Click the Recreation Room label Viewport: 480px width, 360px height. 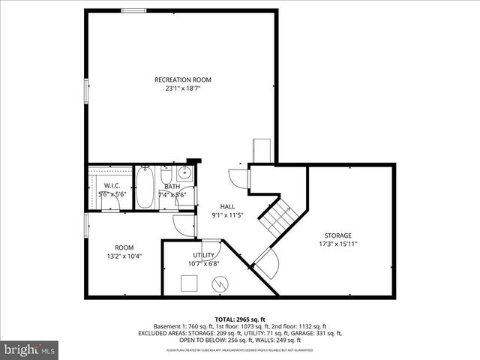click(x=182, y=79)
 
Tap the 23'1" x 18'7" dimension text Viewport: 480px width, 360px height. click(x=182, y=88)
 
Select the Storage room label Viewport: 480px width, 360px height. click(x=337, y=235)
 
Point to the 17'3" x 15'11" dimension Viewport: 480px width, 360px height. click(x=337, y=244)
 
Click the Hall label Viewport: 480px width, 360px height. click(x=227, y=206)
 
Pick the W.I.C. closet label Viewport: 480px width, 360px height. click(x=112, y=186)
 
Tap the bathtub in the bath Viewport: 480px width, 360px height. click(x=145, y=187)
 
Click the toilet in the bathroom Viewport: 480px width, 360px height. click(x=166, y=176)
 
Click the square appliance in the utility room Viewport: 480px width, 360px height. click(x=190, y=282)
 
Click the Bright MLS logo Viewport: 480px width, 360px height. click(x=29, y=349)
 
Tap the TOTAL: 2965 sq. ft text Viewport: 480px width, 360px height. click(x=239, y=319)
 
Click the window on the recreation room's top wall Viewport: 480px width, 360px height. click(x=133, y=10)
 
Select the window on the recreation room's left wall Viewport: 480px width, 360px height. click(x=86, y=91)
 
